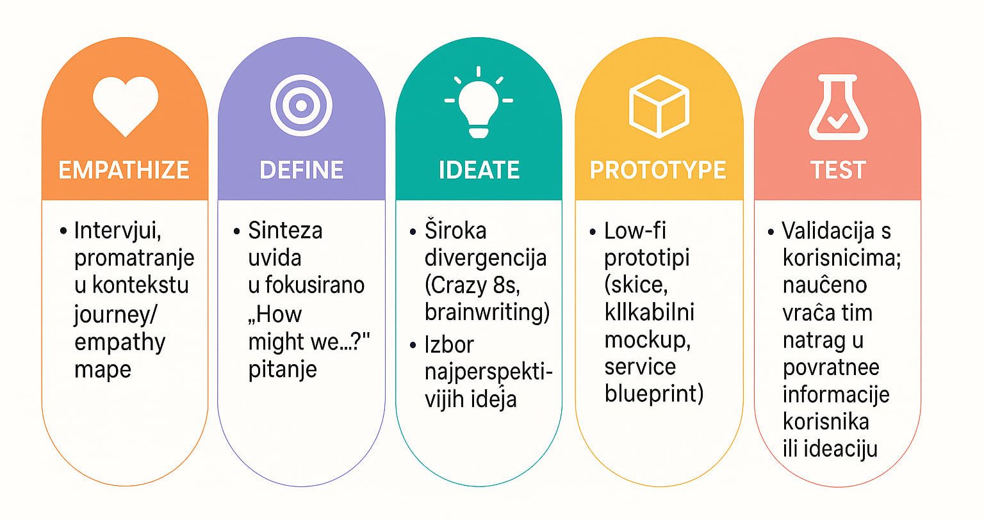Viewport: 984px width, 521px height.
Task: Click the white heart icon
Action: pos(125,106)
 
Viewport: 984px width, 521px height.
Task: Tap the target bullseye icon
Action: pos(301,106)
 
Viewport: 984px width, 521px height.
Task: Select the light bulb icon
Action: pos(479,102)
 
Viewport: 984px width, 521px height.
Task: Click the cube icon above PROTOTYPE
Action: pos(659,106)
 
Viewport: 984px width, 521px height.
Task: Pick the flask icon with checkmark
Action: pos(838,107)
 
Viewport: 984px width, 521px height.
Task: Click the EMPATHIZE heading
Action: pos(124,170)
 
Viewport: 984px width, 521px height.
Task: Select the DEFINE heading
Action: pos(301,170)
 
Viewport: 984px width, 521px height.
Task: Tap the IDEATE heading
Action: pos(479,170)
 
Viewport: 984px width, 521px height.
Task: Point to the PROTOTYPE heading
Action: pos(658,170)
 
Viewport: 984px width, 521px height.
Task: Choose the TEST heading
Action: pos(838,170)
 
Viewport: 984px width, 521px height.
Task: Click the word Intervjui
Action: pos(118,231)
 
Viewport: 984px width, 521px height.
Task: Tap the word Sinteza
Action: pos(286,230)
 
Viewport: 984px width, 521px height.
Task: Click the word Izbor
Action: pos(449,344)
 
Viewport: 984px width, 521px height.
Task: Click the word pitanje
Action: pos(283,369)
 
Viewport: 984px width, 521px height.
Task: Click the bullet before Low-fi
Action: pos(593,232)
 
